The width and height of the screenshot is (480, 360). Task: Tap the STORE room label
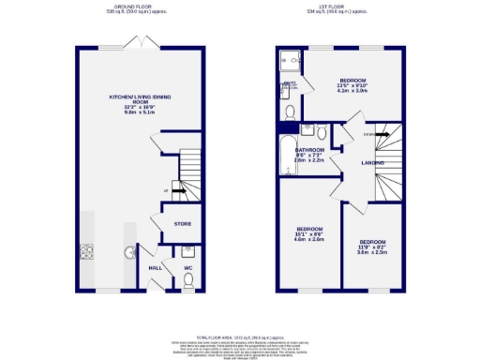point(183,224)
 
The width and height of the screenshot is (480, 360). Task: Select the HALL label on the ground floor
point(156,267)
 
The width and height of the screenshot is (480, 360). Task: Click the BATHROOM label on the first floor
point(310,150)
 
